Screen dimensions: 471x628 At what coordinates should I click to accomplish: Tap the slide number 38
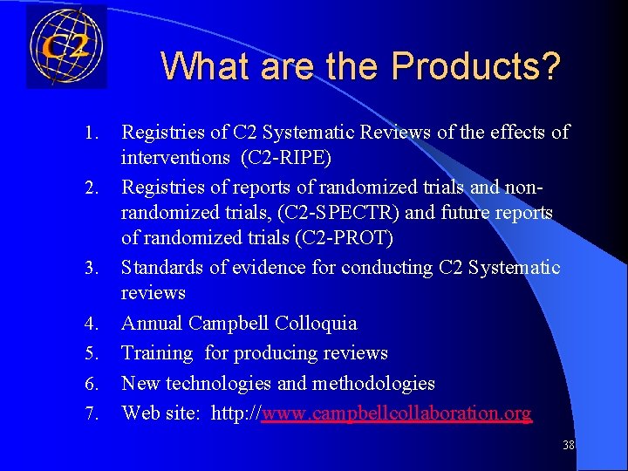tap(568, 445)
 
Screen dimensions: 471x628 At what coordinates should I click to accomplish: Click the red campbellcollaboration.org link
tap(396, 413)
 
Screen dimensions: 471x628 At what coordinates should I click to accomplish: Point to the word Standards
tap(158, 267)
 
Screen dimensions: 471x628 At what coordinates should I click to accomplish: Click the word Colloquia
tap(315, 324)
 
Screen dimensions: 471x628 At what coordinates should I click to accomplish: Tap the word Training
tap(157, 353)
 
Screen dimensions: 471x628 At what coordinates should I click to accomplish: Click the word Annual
tap(150, 324)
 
